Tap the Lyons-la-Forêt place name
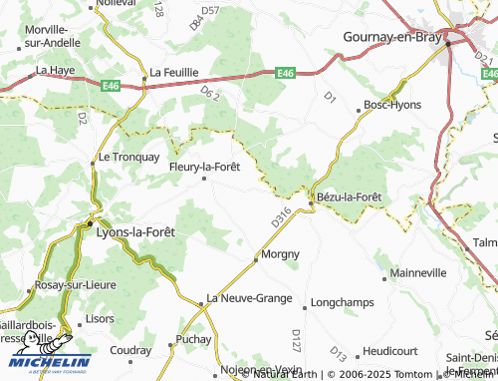pyautogui.click(x=134, y=231)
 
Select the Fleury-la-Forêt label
pyautogui.click(x=205, y=167)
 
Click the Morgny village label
pyautogui.click(x=280, y=254)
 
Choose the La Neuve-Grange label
pyautogui.click(x=249, y=298)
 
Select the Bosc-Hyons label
pyautogui.click(x=392, y=104)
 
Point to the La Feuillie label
pyautogui.click(x=174, y=73)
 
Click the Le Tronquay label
pyautogui.click(x=128, y=158)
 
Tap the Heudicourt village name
pyautogui.click(x=389, y=351)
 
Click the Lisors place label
pyautogui.click(x=101, y=318)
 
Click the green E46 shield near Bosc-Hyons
pyautogui.click(x=286, y=73)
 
